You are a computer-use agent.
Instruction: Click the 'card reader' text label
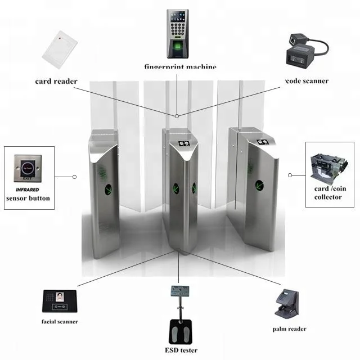coord(56,81)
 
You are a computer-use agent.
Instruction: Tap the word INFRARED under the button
coord(27,190)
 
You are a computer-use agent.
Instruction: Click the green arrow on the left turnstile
coord(109,187)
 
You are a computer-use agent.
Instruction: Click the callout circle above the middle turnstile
coord(177,115)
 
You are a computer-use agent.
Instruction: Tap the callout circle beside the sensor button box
coord(74,177)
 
